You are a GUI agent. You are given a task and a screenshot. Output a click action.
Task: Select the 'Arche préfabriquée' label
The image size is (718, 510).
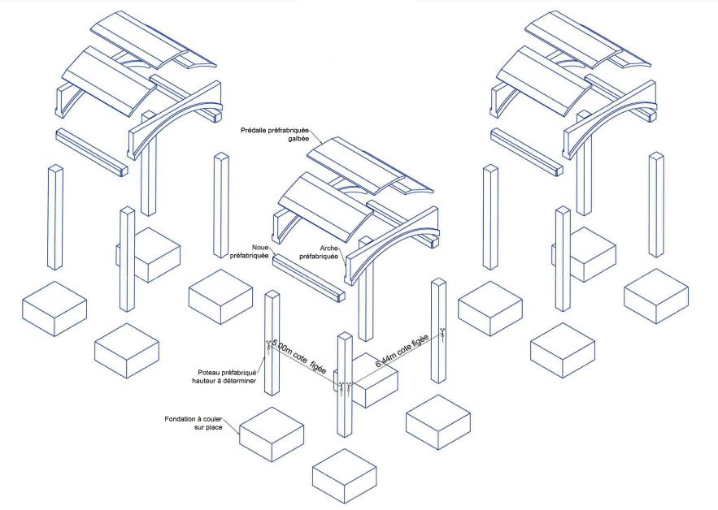[x=319, y=253]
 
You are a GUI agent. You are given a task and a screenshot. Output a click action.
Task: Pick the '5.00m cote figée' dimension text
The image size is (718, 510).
[x=298, y=357]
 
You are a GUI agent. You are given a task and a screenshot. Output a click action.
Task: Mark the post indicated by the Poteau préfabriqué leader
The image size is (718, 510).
[x=271, y=341]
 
